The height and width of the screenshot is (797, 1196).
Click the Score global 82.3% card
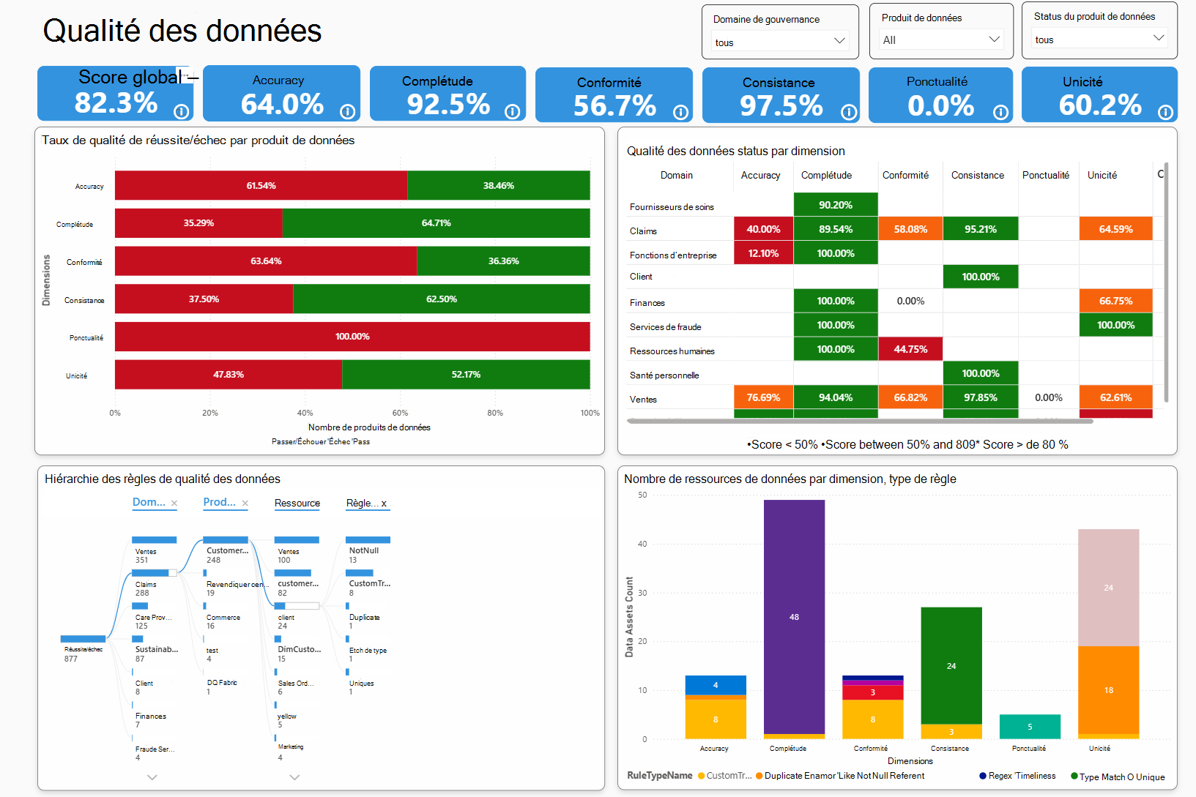coord(115,94)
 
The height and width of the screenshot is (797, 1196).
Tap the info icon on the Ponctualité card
coord(1000,112)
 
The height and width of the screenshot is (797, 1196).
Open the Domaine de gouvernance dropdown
coord(780,42)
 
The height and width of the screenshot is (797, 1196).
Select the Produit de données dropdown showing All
coord(941,40)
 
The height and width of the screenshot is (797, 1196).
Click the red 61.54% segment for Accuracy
coord(261,185)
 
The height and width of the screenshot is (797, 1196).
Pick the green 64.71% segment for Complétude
coord(436,223)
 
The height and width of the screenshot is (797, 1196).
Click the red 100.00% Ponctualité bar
coord(352,337)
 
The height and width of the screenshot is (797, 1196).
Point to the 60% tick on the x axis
coord(400,413)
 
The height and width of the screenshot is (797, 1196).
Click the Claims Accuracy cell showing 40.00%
coord(763,229)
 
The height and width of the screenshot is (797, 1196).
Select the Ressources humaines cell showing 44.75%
coord(910,349)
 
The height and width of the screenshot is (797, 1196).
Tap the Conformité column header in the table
coord(905,176)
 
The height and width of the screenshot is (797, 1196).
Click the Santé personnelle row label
coord(664,375)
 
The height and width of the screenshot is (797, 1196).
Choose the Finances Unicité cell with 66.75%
coord(1115,301)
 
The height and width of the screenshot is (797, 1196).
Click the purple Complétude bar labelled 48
coord(794,617)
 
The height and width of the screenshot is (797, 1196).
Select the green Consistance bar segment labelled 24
coord(951,665)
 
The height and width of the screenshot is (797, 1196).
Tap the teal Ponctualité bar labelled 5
coord(1030,727)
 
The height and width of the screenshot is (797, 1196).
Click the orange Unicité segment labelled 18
coord(1108,690)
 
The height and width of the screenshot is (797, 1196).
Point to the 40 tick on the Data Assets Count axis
coord(642,544)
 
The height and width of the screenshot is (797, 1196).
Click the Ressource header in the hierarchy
coord(297,504)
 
